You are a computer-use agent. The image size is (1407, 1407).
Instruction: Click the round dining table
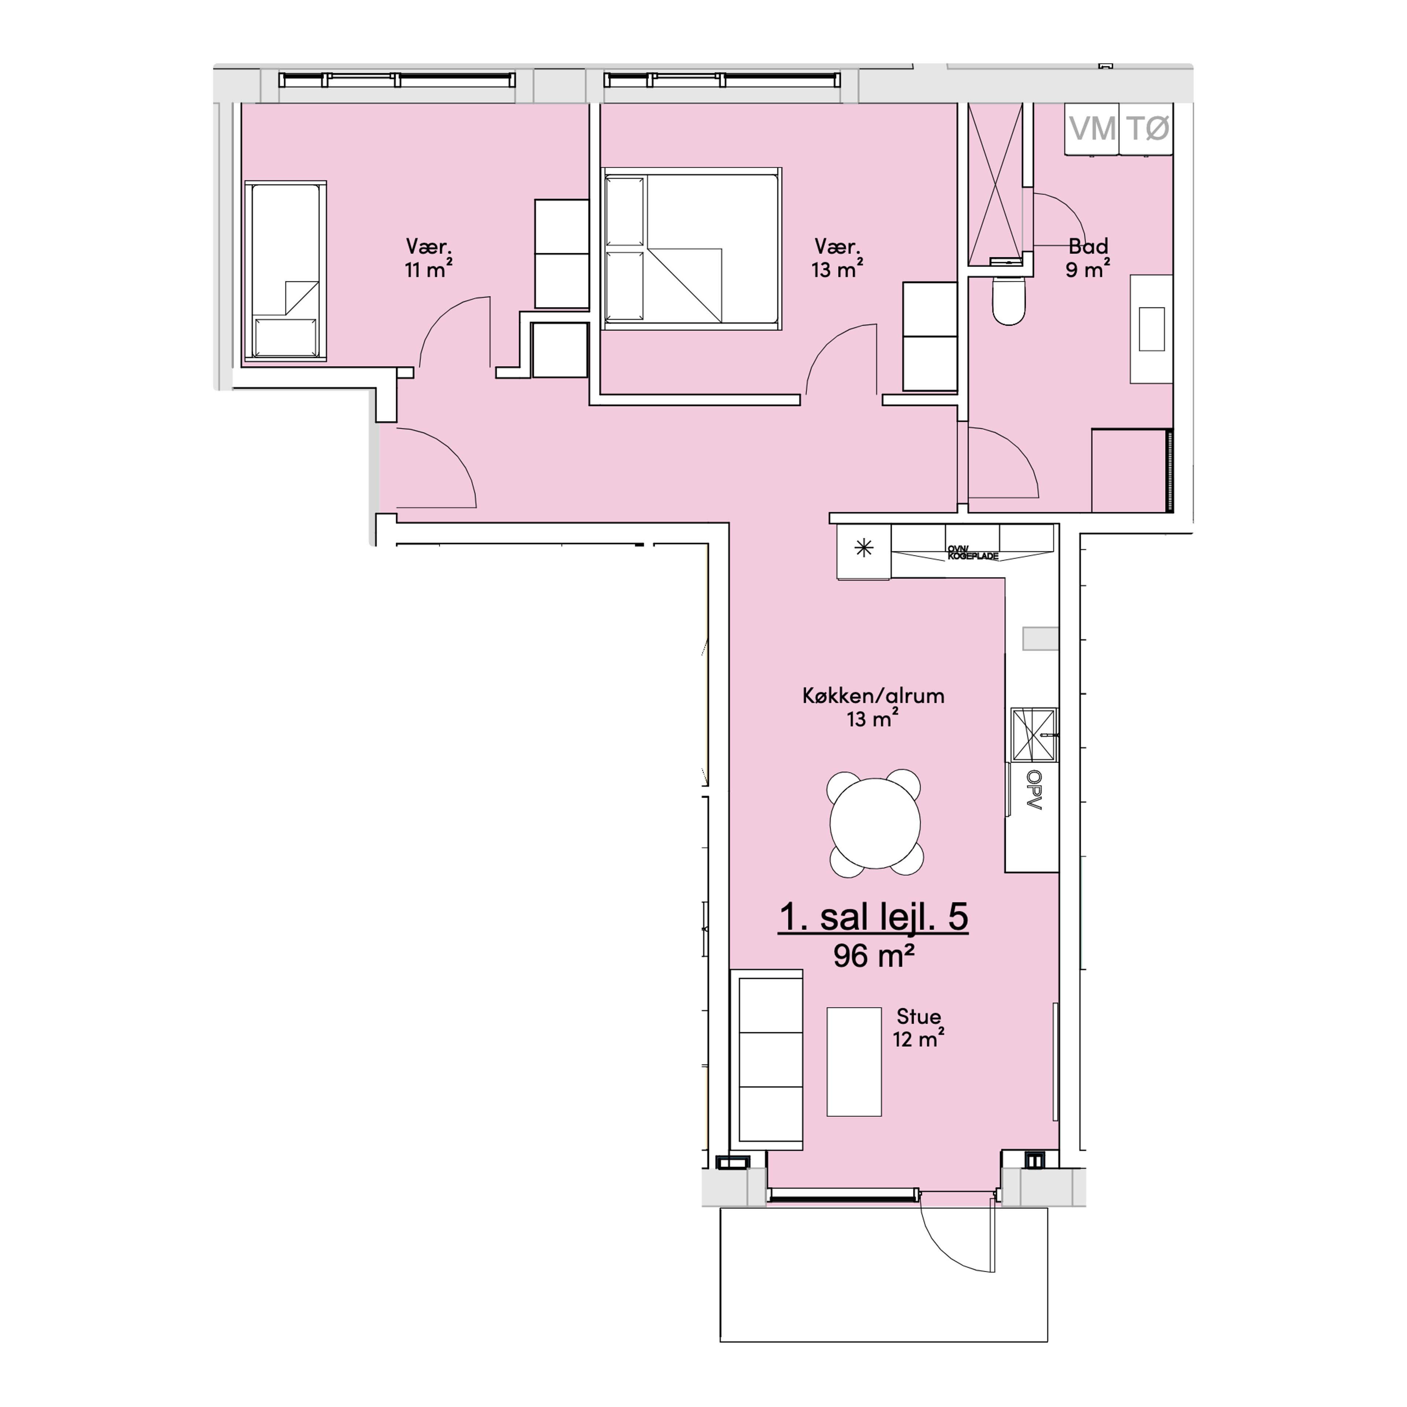pyautogui.click(x=875, y=823)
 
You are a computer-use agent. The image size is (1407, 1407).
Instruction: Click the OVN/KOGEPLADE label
pyautogui.click(x=973, y=553)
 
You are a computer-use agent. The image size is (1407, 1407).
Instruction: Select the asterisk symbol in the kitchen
pyautogui.click(x=864, y=549)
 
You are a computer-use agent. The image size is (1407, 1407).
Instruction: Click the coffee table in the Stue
pyautogui.click(x=854, y=1062)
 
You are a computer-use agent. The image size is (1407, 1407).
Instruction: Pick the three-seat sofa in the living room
pyautogui.click(x=766, y=1060)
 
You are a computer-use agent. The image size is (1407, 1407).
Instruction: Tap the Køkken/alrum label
pyautogui.click(x=873, y=695)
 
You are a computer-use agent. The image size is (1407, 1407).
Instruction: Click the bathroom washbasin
pyautogui.click(x=1151, y=329)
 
